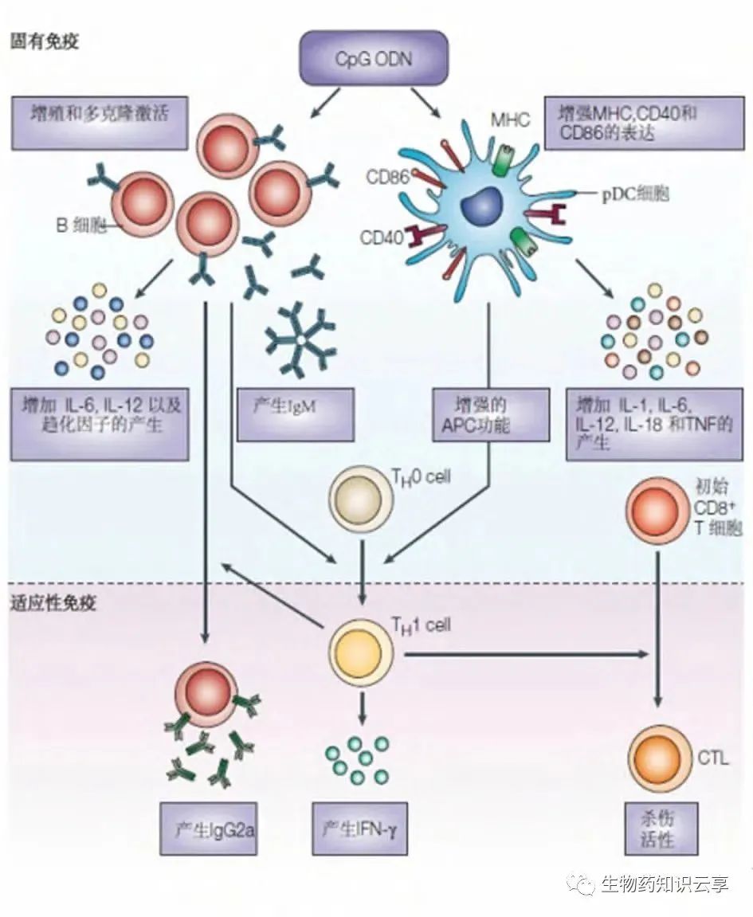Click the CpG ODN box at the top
point(372,58)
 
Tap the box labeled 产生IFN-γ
point(361,829)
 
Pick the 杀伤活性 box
point(657,829)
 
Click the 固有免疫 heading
point(44,41)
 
